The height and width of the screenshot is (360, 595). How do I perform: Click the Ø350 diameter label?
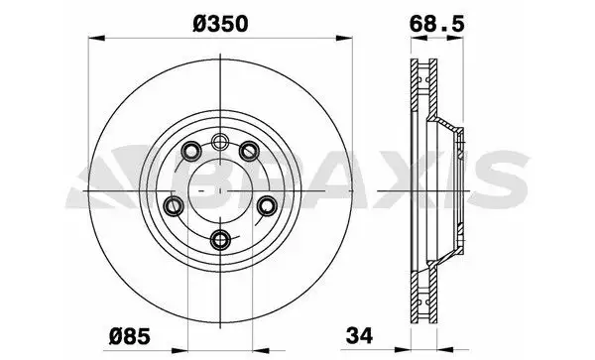point(220,24)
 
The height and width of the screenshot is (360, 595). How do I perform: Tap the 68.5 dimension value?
point(436,24)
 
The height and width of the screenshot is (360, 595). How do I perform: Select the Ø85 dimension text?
point(130,336)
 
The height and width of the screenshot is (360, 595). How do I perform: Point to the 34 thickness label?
point(359,335)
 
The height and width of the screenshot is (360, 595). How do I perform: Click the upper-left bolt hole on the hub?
point(191,152)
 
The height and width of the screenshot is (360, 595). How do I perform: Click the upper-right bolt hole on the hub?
point(249,151)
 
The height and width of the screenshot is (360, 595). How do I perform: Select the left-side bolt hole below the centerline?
point(174,206)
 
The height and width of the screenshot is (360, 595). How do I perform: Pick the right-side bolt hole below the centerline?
point(268,206)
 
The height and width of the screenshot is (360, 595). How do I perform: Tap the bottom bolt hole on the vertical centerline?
point(220,240)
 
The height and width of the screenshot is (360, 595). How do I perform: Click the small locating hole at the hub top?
point(220,142)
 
